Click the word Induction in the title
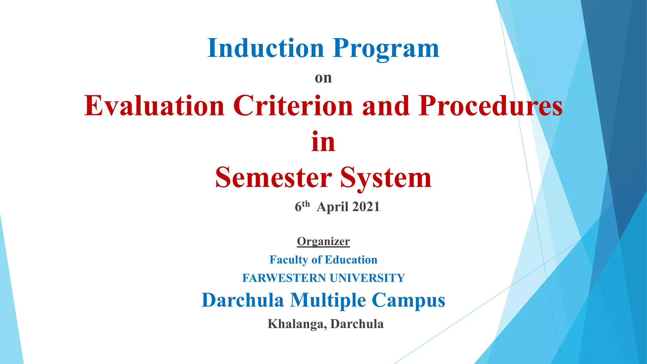pos(266,48)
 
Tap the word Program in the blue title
pos(386,49)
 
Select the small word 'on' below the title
pos(323,78)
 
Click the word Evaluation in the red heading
pos(154,106)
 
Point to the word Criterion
pos(293,106)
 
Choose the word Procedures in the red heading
pos(491,106)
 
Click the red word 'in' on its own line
pos(323,142)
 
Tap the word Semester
pos(274,178)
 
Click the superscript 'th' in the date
pos(306,204)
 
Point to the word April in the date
pos(332,207)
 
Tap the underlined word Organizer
pos(323,242)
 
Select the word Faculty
pos(289,260)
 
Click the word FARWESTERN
pos(284,278)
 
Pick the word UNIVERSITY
pos(367,278)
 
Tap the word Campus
pos(408,300)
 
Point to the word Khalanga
pos(297,324)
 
